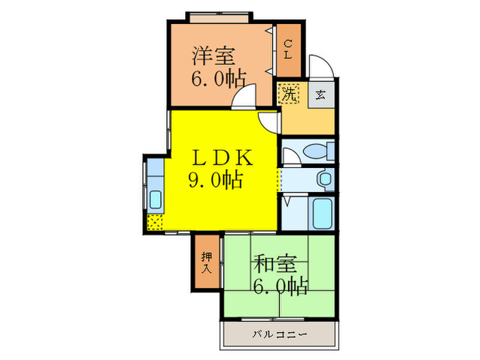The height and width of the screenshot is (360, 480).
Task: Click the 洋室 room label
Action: point(213,56)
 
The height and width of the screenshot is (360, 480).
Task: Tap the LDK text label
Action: point(221,157)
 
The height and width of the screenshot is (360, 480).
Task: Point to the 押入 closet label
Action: point(207,263)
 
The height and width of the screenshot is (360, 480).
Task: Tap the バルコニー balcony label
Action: point(280,334)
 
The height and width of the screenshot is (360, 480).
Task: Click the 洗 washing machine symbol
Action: point(289,94)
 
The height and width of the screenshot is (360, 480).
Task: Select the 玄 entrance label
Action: point(320,95)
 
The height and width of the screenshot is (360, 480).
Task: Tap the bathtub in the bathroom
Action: point(322,213)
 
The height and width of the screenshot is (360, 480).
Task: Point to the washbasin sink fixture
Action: point(324,179)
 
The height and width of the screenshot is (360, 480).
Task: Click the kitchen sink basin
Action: point(156,200)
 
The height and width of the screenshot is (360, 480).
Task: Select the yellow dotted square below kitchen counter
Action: point(155,223)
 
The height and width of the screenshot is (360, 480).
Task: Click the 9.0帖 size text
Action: point(215,180)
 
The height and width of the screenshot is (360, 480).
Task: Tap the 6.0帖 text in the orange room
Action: point(219,79)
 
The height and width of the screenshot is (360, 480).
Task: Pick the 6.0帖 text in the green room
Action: point(280,286)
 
